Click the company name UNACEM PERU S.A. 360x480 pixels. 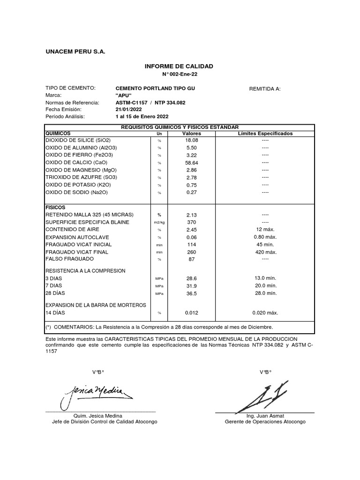point(75,51)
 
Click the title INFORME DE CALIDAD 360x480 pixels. point(180,67)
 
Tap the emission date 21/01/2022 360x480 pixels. point(128,109)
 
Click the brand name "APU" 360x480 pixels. point(123,95)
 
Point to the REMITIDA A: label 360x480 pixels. point(264,88)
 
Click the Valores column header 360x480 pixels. point(191,134)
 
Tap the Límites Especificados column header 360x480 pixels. point(265,134)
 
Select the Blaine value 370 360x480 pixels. point(191,222)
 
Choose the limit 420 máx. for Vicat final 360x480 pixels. point(265,252)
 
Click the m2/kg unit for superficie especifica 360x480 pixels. point(159,222)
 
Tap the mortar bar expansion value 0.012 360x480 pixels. point(192,312)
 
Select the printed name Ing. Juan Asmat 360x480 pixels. point(265,416)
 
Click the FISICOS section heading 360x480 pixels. point(55,207)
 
